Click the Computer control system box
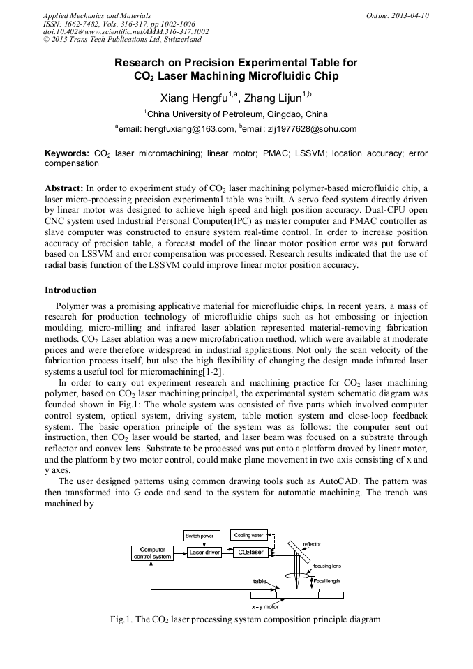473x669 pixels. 152,553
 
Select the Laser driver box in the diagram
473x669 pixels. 205,553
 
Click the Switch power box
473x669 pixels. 201,536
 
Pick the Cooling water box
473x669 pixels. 249,536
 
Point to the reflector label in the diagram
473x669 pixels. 312,544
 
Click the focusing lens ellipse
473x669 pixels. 299,576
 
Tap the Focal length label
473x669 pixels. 326,580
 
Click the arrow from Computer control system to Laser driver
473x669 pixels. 180,553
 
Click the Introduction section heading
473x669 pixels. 70,290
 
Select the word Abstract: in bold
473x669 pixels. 64,188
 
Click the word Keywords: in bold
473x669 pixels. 67,153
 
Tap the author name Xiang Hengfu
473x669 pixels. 188,97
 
